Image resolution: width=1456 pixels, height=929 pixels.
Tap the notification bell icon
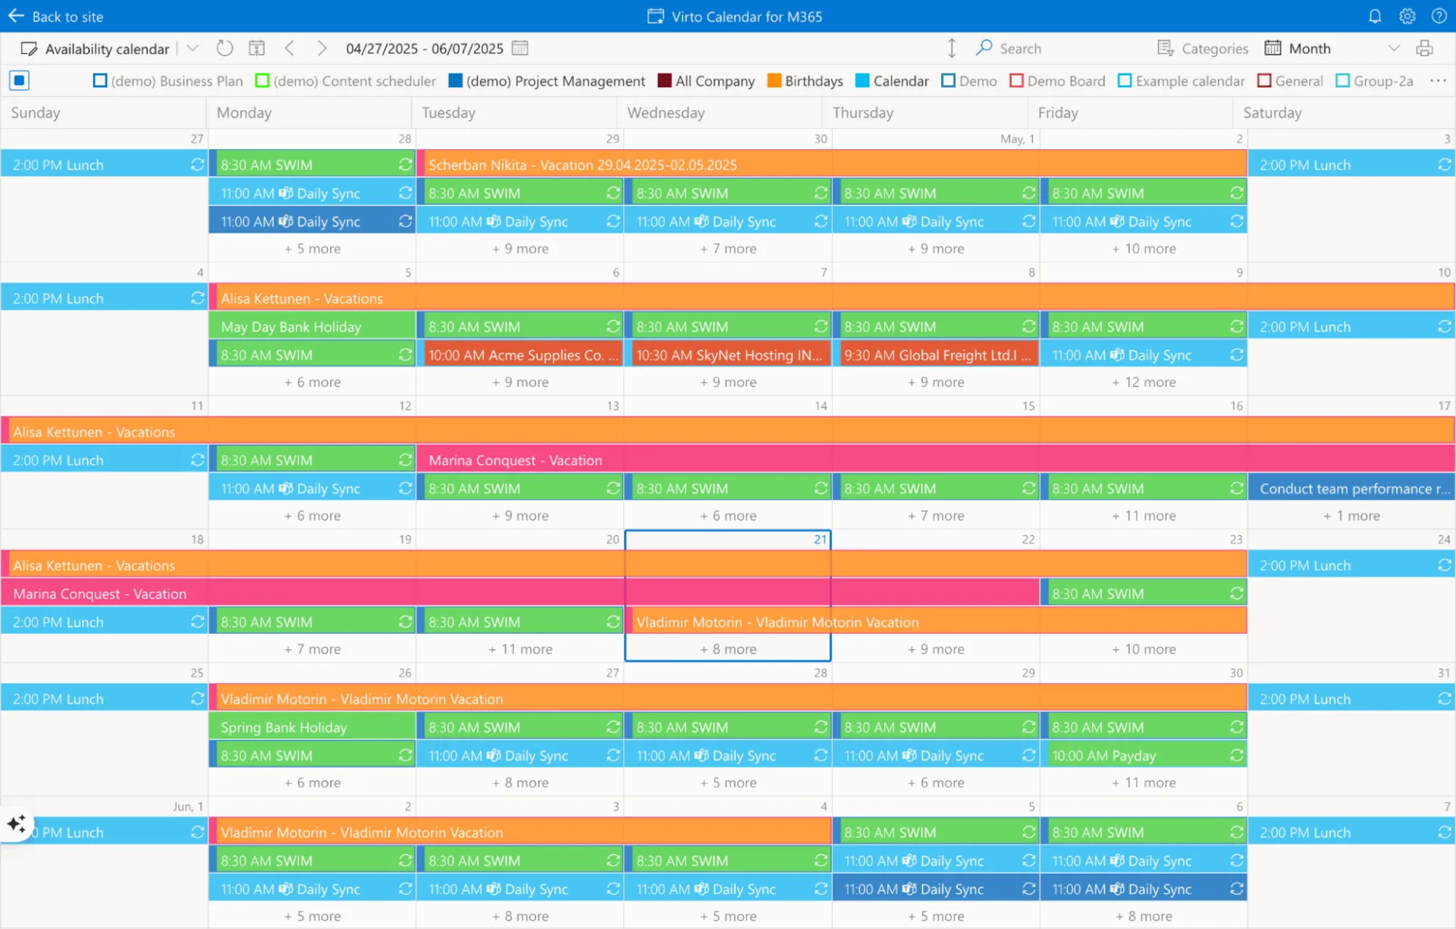pyautogui.click(x=1375, y=17)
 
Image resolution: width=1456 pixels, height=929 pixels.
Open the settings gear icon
pyautogui.click(x=1407, y=17)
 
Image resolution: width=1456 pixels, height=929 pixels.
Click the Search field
pyautogui.click(x=1020, y=49)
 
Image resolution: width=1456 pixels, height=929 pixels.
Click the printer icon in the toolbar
pyautogui.click(x=1425, y=49)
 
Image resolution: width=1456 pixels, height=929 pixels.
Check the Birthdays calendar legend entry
pyautogui.click(x=774, y=81)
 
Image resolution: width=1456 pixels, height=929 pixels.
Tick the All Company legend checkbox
pyautogui.click(x=665, y=81)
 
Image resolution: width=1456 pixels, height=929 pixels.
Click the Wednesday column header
pyautogui.click(x=666, y=113)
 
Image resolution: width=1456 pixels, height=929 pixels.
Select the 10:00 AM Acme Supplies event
pyautogui.click(x=522, y=355)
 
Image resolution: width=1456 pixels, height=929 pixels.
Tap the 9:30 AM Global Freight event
pyautogui.click(x=936, y=355)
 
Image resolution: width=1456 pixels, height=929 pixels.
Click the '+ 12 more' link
pyautogui.click(x=1144, y=382)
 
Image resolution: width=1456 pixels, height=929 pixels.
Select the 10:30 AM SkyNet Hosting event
pyautogui.click(x=728, y=355)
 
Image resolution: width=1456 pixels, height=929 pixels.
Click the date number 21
pyautogui.click(x=820, y=539)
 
